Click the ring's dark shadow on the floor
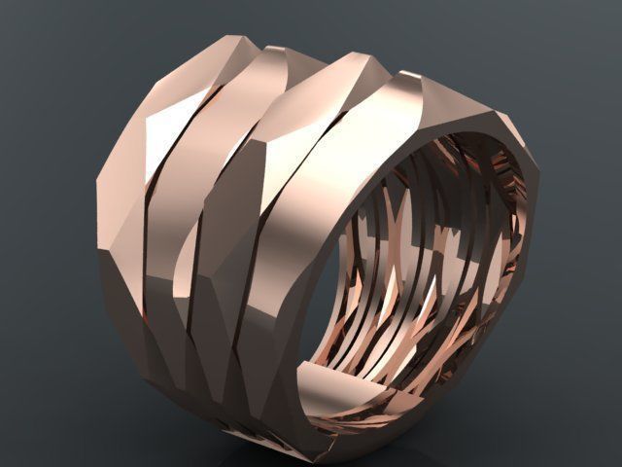pos(292,457)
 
